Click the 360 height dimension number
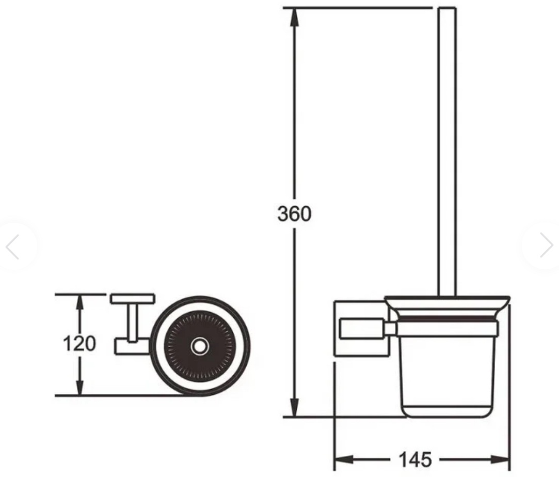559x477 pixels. (x=294, y=214)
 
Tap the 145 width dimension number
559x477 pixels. (x=415, y=459)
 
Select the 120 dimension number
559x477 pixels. (x=79, y=344)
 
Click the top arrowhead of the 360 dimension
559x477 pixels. (x=294, y=17)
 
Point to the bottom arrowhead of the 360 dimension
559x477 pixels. (x=294, y=407)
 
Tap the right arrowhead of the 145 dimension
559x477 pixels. (x=500, y=459)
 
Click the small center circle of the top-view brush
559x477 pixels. (x=200, y=346)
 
